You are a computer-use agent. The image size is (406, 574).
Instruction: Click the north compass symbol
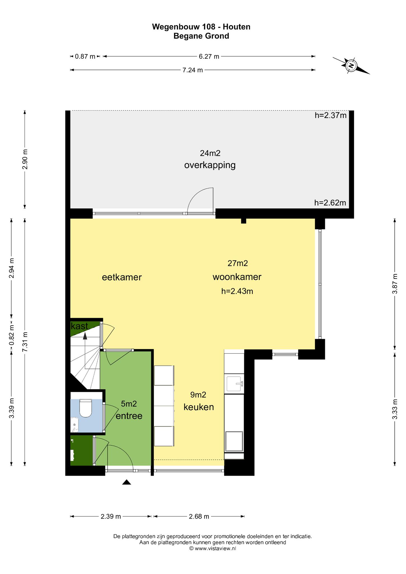[x=351, y=66]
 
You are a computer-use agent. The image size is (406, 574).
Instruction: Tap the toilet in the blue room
[x=86, y=408]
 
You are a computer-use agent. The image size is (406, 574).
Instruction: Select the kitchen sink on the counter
[x=235, y=384]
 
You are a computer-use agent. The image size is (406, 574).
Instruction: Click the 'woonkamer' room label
[x=237, y=277]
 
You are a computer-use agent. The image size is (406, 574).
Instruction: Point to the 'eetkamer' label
[x=122, y=277]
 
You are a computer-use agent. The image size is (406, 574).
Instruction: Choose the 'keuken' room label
[x=199, y=407]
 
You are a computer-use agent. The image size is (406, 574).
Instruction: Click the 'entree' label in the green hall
[x=129, y=416]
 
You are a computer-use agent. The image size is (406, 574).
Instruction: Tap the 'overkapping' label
[x=210, y=165]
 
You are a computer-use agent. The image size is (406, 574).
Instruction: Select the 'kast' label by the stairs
[x=80, y=326]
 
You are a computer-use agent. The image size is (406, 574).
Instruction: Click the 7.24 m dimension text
[x=193, y=70]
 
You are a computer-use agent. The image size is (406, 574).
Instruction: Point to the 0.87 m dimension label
[x=85, y=57]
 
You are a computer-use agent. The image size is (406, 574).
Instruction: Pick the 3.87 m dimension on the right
[x=395, y=284]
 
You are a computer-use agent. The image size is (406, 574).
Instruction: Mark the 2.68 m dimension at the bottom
[x=199, y=516]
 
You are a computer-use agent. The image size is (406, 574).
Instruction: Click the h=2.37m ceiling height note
[x=331, y=115]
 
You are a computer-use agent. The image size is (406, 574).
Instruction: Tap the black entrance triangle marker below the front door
[x=127, y=482]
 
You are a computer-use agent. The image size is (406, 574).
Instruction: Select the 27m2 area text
[x=238, y=263]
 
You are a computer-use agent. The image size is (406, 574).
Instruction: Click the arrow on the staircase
[x=85, y=336]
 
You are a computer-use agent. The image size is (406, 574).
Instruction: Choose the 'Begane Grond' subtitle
[x=201, y=36]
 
